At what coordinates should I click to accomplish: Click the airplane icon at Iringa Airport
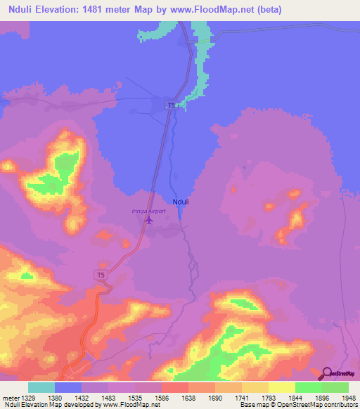148,219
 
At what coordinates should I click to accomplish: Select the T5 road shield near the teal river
171,105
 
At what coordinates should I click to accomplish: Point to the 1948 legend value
349,397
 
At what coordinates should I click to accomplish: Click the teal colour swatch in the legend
41,387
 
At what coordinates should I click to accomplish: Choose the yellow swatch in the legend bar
282,387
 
